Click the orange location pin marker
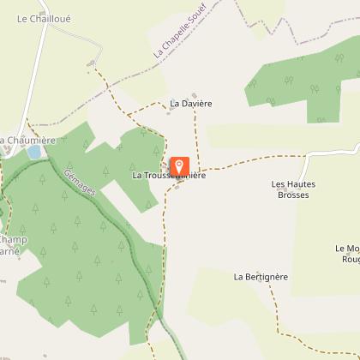179,165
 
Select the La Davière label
190,103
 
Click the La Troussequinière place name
168,176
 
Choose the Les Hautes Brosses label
293,189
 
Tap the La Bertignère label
261,277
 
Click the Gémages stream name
80,183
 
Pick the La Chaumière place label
27,140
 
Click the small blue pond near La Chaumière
34,153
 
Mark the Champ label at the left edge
13,240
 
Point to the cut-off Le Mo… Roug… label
347,253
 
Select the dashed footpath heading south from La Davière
196,137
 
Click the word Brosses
293,195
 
